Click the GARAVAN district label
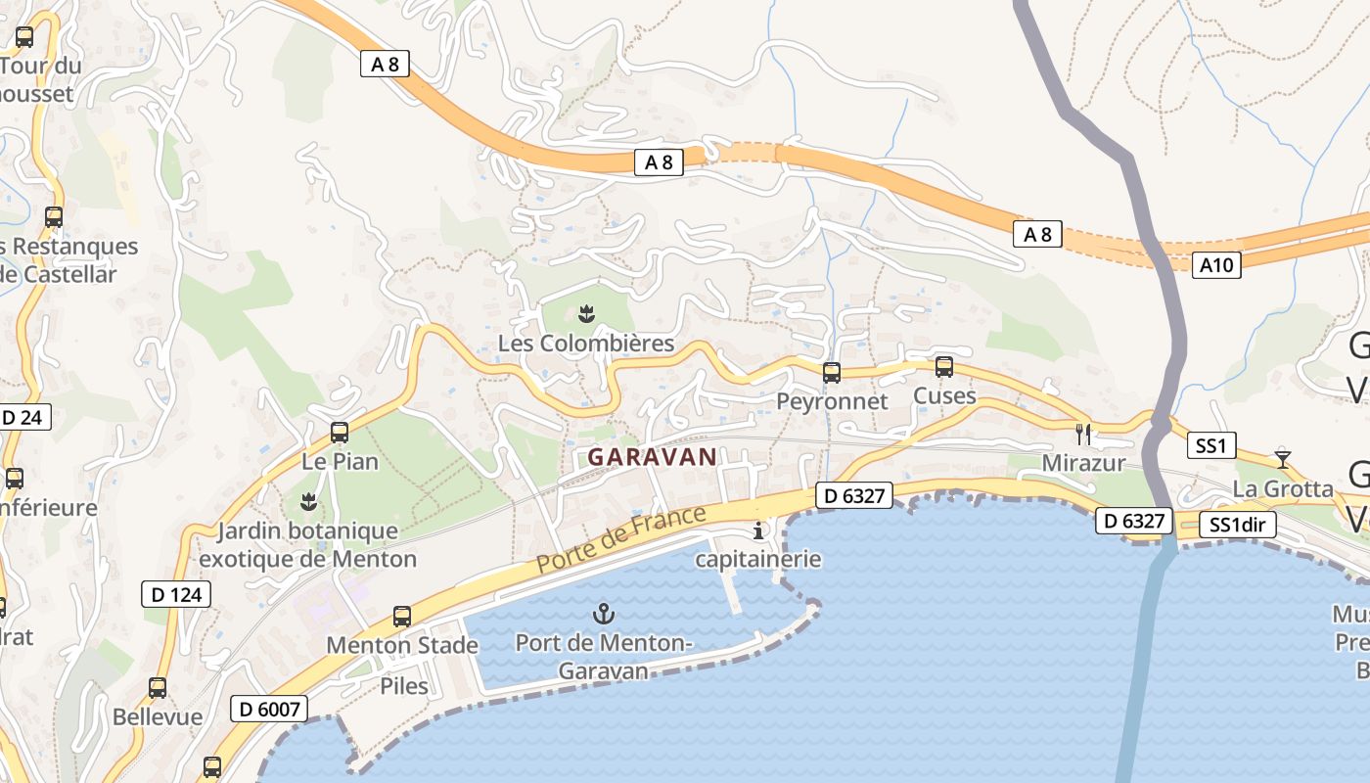tap(652, 456)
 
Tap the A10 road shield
tap(1216, 264)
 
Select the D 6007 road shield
tap(269, 709)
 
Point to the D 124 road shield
tap(176, 594)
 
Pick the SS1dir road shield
tap(1238, 525)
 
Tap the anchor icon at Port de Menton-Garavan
tap(604, 615)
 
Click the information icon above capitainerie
tap(758, 531)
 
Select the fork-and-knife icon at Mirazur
tap(1083, 434)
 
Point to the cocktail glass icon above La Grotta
tap(1282, 458)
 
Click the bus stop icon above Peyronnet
tap(832, 372)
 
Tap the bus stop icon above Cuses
tap(944, 367)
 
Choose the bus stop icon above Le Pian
tap(340, 432)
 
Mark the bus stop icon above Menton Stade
tap(402, 617)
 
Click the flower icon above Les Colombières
tap(586, 314)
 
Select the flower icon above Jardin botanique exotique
tap(308, 502)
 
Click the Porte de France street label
tap(620, 539)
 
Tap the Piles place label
tap(404, 685)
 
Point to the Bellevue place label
tap(158, 716)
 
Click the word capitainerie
tap(758, 559)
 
